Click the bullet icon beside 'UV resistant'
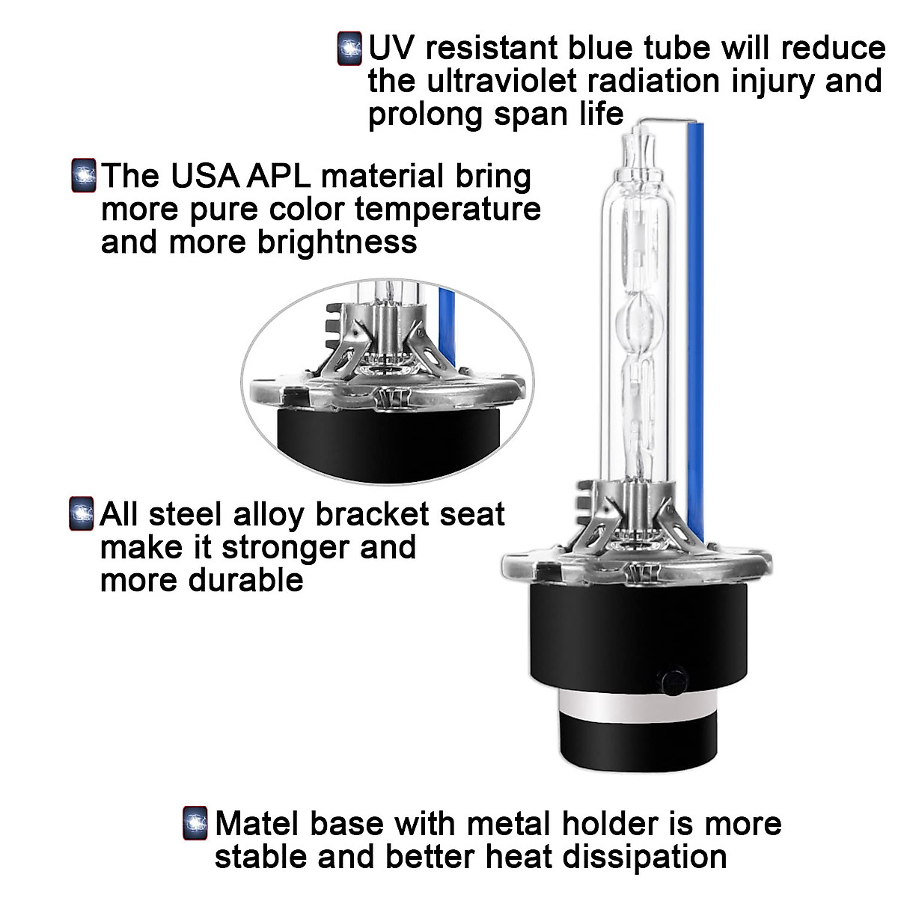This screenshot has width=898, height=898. point(349,48)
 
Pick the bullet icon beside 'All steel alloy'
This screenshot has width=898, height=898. point(82,514)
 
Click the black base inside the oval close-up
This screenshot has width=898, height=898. point(389,445)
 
